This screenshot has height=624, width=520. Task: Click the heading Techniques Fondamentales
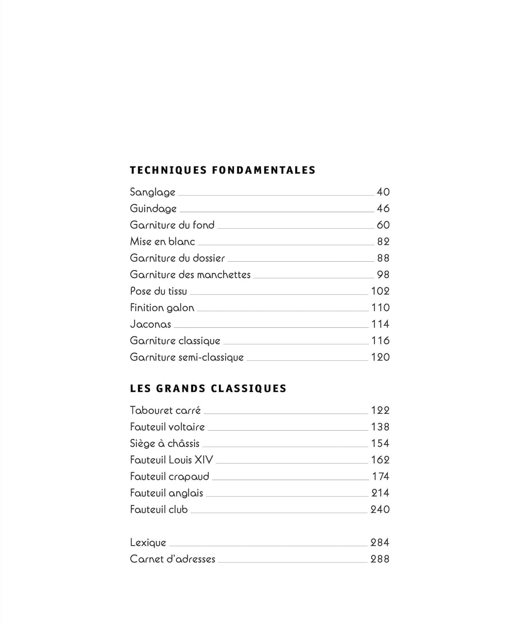click(223, 170)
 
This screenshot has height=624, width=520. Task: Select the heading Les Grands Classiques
click(208, 389)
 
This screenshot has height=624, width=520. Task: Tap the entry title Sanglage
click(152, 192)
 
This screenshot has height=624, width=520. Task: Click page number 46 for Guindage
click(383, 208)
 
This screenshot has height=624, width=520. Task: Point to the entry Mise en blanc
click(162, 242)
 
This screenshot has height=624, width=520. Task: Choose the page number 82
click(383, 242)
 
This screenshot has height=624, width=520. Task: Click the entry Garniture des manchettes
click(190, 275)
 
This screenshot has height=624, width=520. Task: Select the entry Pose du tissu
click(158, 291)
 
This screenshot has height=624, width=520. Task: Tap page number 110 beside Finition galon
click(380, 308)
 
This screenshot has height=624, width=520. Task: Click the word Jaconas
click(150, 324)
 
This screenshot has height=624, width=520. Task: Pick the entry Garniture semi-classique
click(186, 357)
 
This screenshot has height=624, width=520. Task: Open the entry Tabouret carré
click(165, 411)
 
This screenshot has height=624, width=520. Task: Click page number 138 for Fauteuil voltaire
click(380, 427)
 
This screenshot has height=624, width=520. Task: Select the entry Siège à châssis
click(164, 443)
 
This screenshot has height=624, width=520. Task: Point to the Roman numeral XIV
click(203, 460)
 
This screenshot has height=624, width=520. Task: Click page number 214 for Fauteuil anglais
click(380, 493)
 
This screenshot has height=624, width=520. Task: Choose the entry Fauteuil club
click(158, 510)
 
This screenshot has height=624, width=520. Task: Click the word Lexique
click(148, 543)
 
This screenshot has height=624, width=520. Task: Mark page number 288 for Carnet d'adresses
click(380, 559)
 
